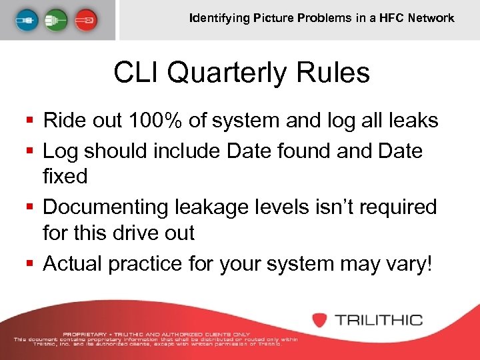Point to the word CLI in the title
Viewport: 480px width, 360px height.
pos(137,73)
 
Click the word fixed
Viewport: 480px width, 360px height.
pos(65,177)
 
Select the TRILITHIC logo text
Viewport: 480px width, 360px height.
pos(379,319)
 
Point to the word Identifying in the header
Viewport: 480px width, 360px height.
pos(219,18)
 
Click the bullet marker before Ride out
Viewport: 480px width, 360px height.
pos(29,121)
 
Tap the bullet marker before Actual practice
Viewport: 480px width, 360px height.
pos(29,264)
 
